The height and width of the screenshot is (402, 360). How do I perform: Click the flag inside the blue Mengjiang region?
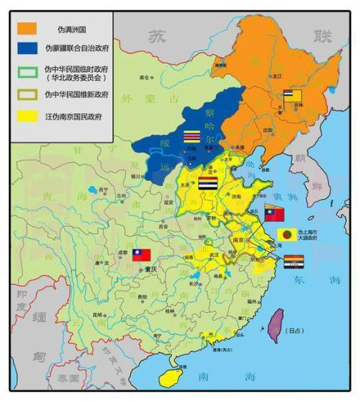192,136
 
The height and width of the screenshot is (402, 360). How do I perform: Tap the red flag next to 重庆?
141,254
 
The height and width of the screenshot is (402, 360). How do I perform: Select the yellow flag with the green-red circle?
287,234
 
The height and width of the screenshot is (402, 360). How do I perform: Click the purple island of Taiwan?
275,325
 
